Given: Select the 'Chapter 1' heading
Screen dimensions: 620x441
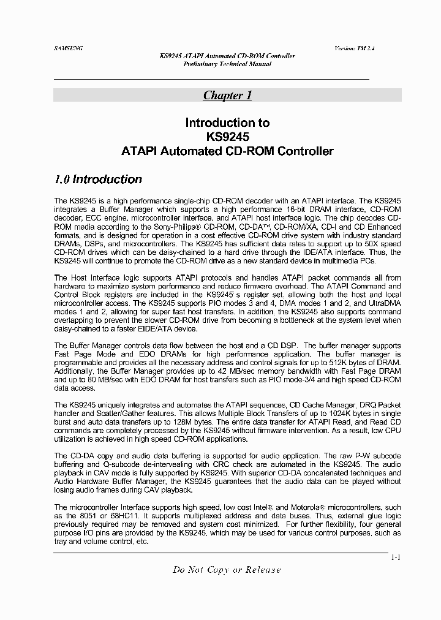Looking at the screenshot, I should (227, 95).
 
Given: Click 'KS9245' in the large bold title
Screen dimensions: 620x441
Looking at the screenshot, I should (227, 137).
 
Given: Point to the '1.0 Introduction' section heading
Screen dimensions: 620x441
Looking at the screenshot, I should (98, 180).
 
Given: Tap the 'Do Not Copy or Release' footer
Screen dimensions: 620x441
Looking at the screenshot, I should (227, 570).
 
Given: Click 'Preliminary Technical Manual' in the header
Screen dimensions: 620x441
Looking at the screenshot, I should (227, 64).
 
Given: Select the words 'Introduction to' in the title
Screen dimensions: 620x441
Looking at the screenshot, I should (227, 123).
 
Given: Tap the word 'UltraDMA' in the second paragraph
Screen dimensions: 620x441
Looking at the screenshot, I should (382, 303).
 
